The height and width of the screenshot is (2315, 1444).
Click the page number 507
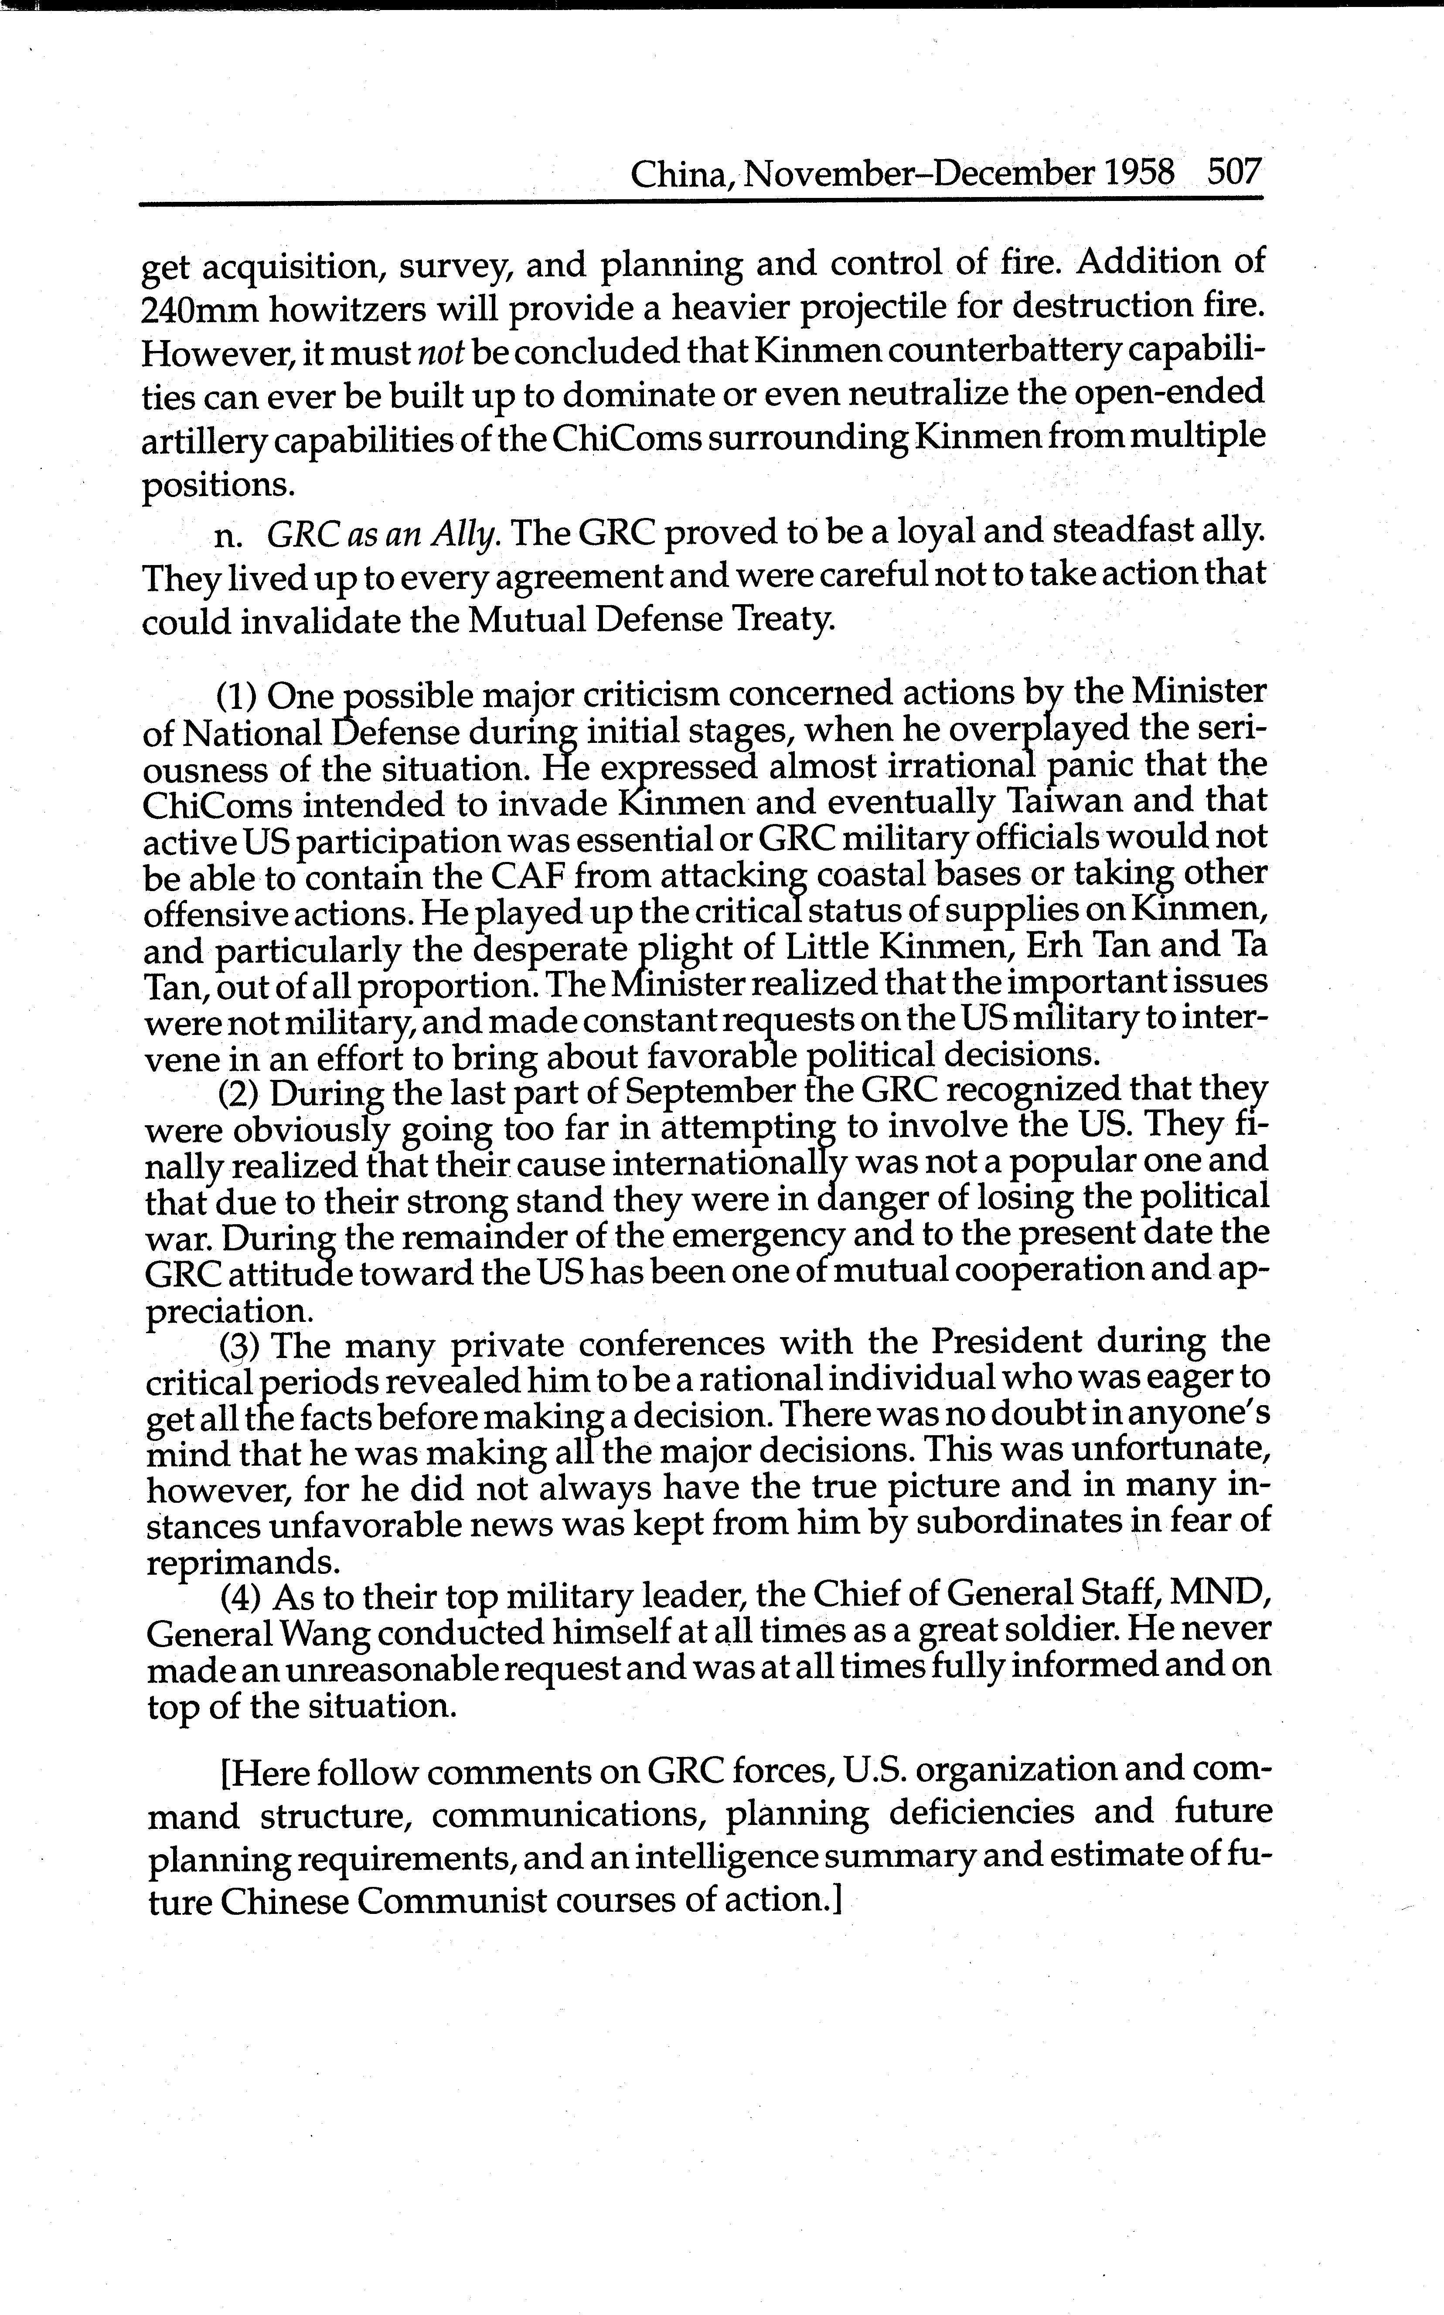coord(1234,174)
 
